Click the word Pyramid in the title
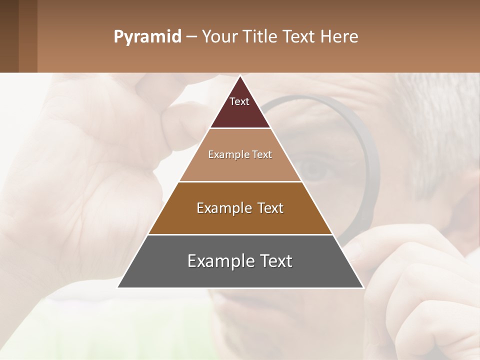click(147, 37)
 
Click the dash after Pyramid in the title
click(191, 37)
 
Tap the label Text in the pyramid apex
click(239, 101)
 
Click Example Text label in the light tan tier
click(240, 155)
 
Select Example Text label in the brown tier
click(240, 208)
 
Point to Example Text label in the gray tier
click(240, 261)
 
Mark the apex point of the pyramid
click(240, 76)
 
